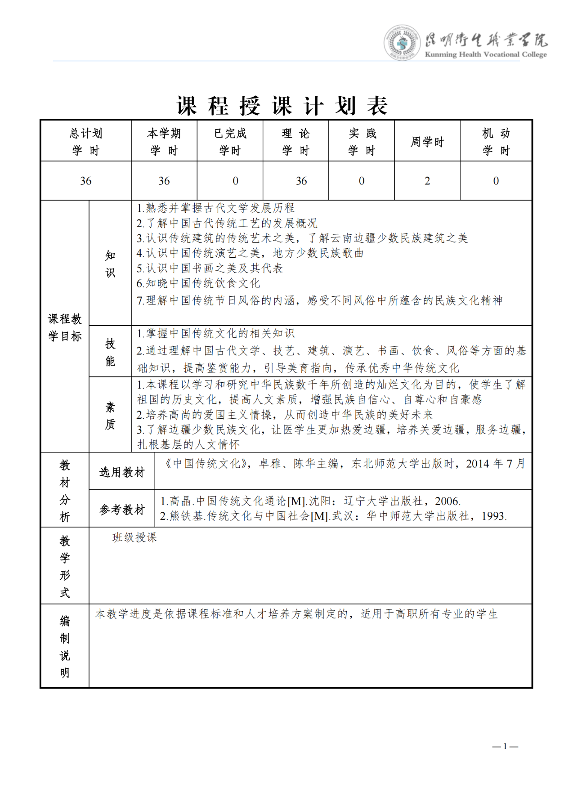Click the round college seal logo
tap(401, 43)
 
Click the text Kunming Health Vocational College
tap(486, 54)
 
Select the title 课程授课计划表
tap(282, 106)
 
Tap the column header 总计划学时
tap(86, 142)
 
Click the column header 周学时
tap(427, 142)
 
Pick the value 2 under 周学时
tap(427, 181)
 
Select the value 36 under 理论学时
tap(301, 181)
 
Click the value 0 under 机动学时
tap(496, 181)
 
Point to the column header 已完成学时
tap(230, 142)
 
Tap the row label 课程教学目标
tap(65, 327)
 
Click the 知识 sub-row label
tap(110, 264)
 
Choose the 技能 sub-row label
tap(110, 352)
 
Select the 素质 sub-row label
tap(110, 416)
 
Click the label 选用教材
tap(122, 472)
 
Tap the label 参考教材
tap(122, 510)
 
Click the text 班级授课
tap(134, 537)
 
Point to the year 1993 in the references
tap(493, 516)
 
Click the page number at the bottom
tap(505, 747)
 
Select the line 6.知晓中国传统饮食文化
tap(198, 283)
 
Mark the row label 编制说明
tap(65, 647)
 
